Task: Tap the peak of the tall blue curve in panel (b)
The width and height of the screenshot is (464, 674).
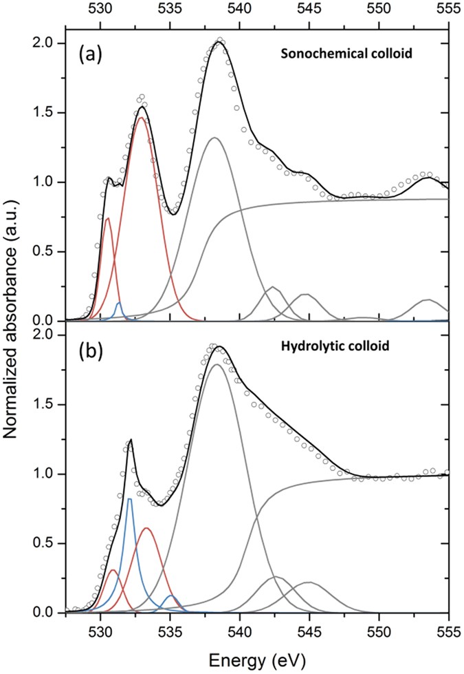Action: click(x=129, y=499)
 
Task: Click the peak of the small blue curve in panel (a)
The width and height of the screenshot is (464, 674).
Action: click(x=119, y=303)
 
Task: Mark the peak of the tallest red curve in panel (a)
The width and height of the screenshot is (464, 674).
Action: click(x=142, y=118)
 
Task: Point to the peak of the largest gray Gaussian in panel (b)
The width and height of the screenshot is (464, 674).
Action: click(x=217, y=365)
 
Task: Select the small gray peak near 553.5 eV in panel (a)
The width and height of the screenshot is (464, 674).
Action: click(x=428, y=300)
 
